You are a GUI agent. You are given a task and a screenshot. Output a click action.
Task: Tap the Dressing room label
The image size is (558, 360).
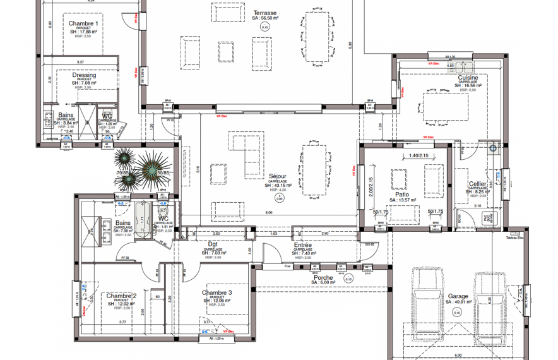pos(84,75)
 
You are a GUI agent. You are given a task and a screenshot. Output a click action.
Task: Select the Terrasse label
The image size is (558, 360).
pos(264,13)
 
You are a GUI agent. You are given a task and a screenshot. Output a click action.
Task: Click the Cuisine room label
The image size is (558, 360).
pos(468,78)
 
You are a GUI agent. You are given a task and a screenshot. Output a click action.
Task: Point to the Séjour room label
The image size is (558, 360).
pos(278,176)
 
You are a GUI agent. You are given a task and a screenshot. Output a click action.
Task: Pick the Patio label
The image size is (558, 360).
pos(402,195)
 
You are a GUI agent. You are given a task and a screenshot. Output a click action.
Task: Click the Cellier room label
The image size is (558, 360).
pos(477,184)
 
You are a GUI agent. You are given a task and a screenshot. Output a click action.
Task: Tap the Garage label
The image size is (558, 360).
pos(458,296)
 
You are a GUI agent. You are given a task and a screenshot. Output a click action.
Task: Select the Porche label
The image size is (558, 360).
pos(323,277)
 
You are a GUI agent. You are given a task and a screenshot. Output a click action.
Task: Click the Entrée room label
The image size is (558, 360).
pos(302,245)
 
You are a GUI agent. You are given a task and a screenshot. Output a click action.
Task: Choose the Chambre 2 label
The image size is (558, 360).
pos(121,296)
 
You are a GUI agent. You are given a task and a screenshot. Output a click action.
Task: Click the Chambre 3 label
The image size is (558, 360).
pos(217,292)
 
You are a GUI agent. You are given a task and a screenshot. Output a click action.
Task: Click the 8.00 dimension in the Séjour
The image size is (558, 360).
pos(269,213)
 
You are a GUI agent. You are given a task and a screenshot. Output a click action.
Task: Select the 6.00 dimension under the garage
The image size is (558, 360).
pos(458,356)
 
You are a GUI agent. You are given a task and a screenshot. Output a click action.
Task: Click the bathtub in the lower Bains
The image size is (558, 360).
pos(143,220)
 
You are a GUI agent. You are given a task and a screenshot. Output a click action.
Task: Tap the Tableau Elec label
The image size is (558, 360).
pos(515,237)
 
